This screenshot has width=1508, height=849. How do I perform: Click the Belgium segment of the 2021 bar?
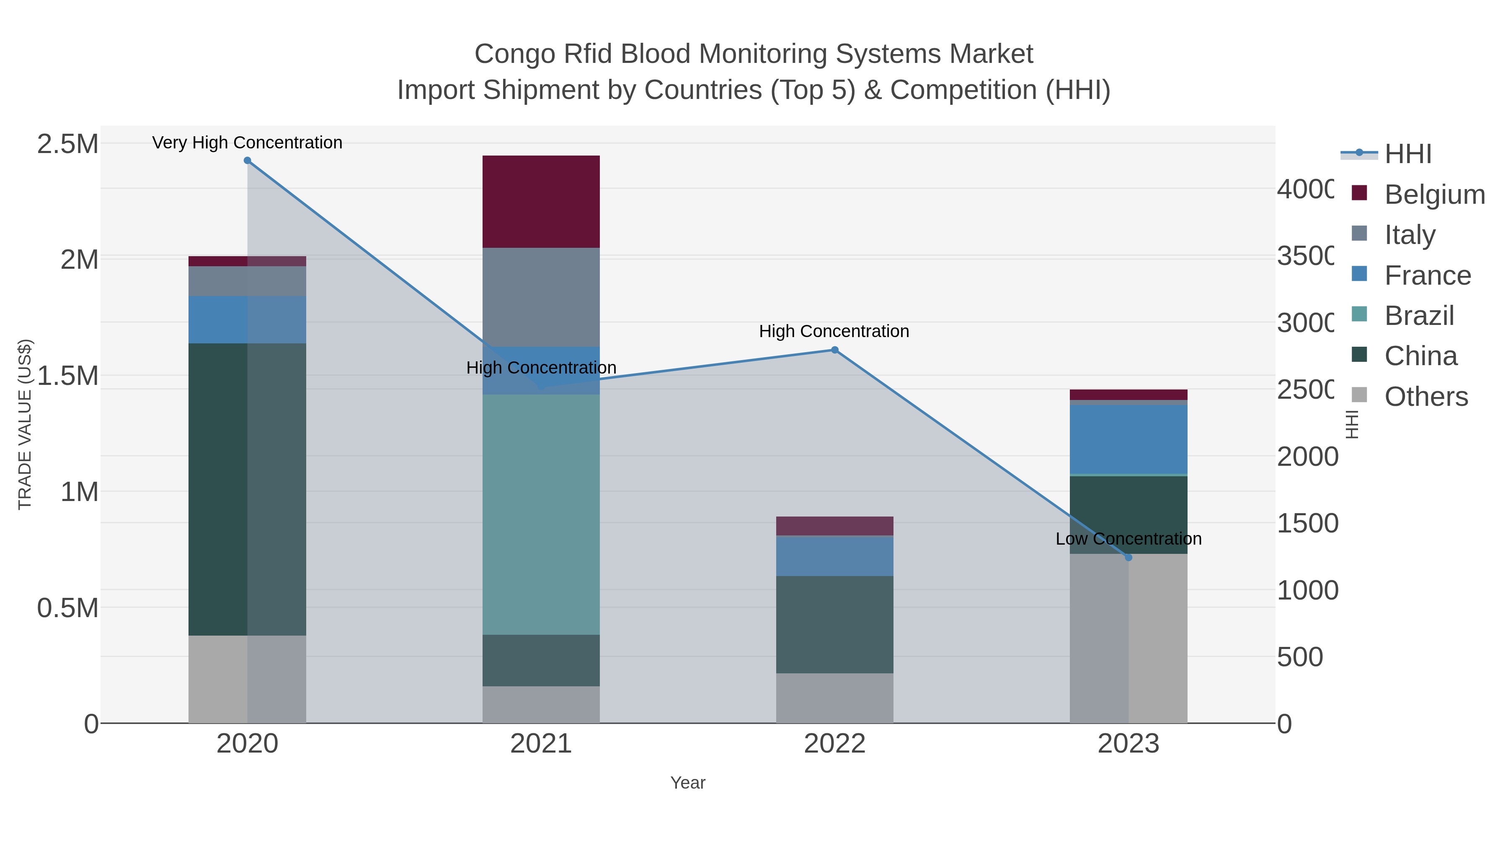(541, 202)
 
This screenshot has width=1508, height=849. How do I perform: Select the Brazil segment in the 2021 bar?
(541, 514)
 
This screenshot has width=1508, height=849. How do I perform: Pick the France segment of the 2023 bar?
(1128, 439)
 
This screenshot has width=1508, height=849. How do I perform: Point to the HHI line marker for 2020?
(247, 161)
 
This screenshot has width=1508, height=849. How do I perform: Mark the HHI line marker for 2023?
(1128, 557)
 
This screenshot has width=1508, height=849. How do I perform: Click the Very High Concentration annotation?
(247, 143)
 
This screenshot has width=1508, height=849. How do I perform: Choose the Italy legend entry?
(1409, 234)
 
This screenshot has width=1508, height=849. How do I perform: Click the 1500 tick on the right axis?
(1307, 523)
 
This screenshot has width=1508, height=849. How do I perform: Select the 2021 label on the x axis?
(541, 744)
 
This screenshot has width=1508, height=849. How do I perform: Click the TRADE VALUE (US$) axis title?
(25, 424)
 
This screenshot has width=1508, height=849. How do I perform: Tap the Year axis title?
(687, 783)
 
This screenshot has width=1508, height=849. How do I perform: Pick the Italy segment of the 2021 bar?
(541, 297)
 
